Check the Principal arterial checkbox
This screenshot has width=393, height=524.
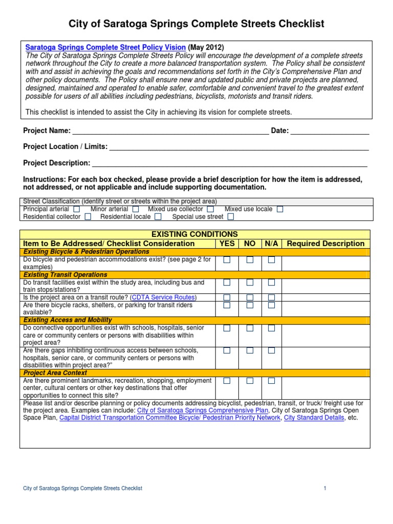pos(77,209)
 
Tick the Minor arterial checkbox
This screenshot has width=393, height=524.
pos(136,209)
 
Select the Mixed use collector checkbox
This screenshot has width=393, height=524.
pos(211,209)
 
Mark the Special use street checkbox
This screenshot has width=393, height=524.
pos(231,217)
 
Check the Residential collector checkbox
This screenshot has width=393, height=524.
pos(88,217)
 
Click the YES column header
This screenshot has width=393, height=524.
pos(227,244)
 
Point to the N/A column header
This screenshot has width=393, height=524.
pos(271,244)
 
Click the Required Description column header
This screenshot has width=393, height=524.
pos(325,244)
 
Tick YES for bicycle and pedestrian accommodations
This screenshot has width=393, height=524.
pos(227,260)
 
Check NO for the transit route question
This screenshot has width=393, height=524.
pos(249,297)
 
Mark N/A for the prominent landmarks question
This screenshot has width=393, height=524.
pos(271,381)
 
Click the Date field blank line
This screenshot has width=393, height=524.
pos(330,132)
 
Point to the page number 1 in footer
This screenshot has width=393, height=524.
pos(324,489)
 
